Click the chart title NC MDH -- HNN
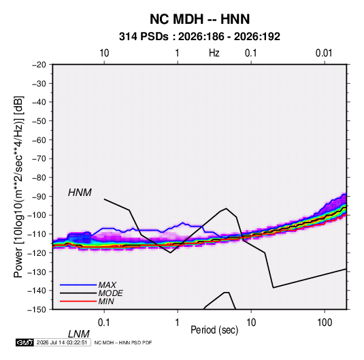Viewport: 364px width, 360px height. click(x=199, y=19)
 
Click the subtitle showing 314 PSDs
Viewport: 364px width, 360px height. click(x=199, y=37)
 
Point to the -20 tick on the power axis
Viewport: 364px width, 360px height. click(x=39, y=65)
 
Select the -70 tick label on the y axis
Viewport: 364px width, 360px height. click(x=39, y=159)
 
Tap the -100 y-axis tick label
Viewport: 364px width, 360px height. click(x=37, y=215)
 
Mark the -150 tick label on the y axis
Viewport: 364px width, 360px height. click(x=37, y=310)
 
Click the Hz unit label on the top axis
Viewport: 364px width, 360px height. click(x=214, y=53)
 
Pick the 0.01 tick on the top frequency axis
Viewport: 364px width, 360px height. click(x=324, y=53)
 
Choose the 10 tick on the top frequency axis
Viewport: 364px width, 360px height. click(x=104, y=53)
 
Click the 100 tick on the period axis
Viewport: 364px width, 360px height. click(x=325, y=323)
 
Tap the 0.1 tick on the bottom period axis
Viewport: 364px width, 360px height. click(x=104, y=323)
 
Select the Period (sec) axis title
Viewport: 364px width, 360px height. click(x=214, y=330)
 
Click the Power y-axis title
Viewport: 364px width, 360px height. click(x=18, y=187)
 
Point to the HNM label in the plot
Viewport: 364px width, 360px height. click(x=80, y=193)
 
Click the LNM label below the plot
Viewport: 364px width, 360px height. click(x=78, y=334)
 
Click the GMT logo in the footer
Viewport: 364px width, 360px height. click(x=24, y=342)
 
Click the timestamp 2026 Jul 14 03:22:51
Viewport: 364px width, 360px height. click(x=62, y=342)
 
